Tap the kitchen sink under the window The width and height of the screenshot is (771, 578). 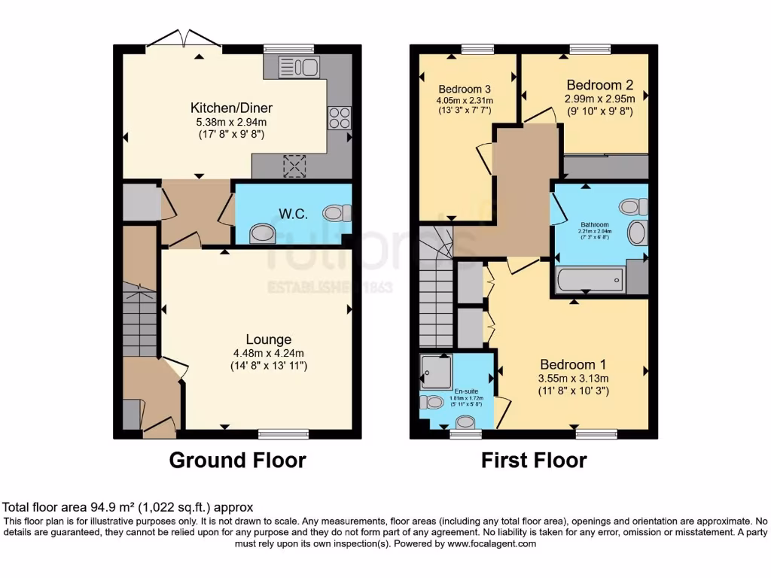click(x=299, y=67)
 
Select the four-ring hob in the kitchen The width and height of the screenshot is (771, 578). click(x=339, y=118)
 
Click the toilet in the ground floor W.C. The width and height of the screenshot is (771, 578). click(x=337, y=212)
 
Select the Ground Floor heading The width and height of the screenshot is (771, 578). click(x=237, y=460)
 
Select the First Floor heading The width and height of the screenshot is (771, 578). click(x=534, y=460)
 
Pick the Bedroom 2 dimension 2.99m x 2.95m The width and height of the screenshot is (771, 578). click(x=599, y=98)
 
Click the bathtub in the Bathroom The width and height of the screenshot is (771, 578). click(x=590, y=281)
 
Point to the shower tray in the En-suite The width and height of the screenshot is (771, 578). click(x=436, y=372)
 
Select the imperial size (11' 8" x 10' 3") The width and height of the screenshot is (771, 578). click(x=572, y=391)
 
